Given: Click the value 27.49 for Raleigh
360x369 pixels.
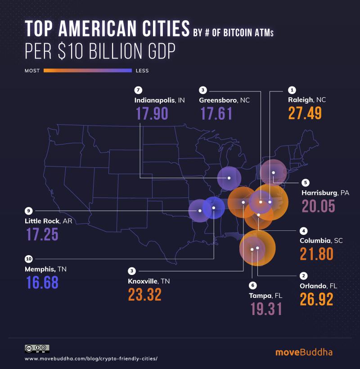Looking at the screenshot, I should click(305, 113).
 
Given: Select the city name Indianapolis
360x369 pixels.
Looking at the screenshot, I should click(155, 100).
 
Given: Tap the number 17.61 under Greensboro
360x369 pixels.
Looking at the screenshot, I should click(216, 113).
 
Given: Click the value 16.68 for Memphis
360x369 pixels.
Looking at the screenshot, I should click(42, 283).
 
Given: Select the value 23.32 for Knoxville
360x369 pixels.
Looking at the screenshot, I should click(144, 294).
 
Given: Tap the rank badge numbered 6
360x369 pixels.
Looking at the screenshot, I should click(252, 285).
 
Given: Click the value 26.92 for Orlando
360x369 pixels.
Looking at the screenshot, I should click(316, 299).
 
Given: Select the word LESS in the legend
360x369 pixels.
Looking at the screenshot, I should click(142, 71).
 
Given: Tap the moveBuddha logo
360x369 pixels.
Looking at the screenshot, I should click(304, 351).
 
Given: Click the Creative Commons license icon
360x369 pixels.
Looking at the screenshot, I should click(37, 348).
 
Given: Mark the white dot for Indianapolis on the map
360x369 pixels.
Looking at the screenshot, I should click(229, 178).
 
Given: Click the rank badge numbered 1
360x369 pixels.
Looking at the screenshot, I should click(292, 90).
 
